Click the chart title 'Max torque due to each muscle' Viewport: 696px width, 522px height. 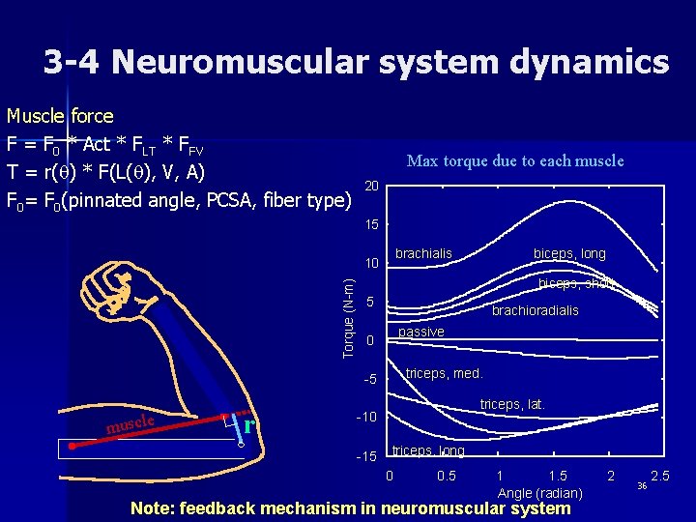[x=515, y=160]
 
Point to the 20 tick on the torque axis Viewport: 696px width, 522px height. [x=372, y=185]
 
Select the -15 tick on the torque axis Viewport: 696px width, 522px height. [x=368, y=456]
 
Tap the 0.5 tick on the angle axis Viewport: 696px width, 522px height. [x=447, y=476]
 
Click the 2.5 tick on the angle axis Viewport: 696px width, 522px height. [x=661, y=476]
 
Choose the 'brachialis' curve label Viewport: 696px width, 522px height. [x=423, y=254]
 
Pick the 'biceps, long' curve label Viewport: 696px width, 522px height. [x=569, y=254]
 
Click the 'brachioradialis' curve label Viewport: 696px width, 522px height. [x=536, y=310]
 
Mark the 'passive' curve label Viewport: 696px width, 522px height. [x=421, y=333]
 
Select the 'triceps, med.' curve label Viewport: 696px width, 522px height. [x=444, y=373]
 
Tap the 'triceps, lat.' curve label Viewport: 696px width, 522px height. [x=513, y=404]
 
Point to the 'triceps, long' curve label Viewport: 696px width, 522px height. [x=428, y=451]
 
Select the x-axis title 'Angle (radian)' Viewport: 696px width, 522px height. [x=539, y=493]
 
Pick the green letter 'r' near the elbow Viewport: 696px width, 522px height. [x=249, y=425]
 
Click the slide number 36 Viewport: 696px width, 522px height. [x=641, y=486]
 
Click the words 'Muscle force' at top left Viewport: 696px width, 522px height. [x=60, y=117]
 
